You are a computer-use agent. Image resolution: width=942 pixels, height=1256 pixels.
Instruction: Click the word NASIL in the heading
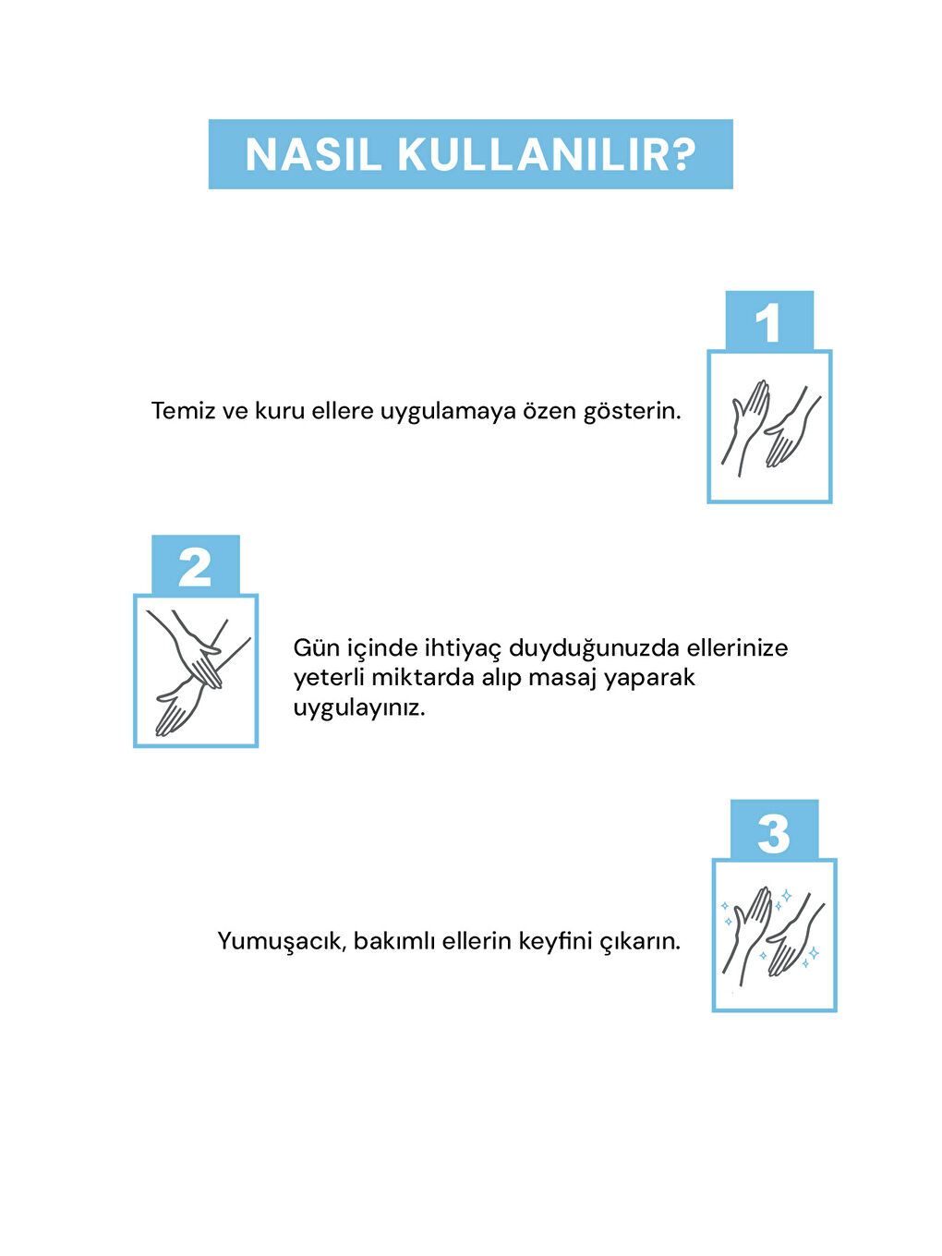[x=313, y=155]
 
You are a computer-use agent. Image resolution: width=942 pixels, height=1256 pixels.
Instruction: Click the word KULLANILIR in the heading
[x=534, y=155]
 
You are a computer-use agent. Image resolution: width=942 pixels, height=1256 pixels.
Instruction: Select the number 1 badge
[x=768, y=322]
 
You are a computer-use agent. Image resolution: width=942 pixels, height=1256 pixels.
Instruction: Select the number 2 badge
[x=195, y=566]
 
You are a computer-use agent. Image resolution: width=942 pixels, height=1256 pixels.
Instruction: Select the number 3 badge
[x=774, y=831]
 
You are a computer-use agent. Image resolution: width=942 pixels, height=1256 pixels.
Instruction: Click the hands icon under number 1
[x=769, y=427]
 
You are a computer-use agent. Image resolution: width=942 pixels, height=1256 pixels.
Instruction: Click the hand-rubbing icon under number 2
[x=195, y=670]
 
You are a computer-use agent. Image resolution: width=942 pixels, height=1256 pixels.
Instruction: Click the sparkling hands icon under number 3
[x=774, y=935]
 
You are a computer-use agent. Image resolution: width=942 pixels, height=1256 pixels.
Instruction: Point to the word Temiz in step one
[x=183, y=411]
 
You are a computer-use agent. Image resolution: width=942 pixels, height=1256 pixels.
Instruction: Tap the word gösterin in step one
[x=632, y=412]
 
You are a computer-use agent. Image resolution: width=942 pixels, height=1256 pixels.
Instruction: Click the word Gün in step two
[x=316, y=647]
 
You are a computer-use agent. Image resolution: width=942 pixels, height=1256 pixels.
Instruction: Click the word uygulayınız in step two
[x=358, y=709]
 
